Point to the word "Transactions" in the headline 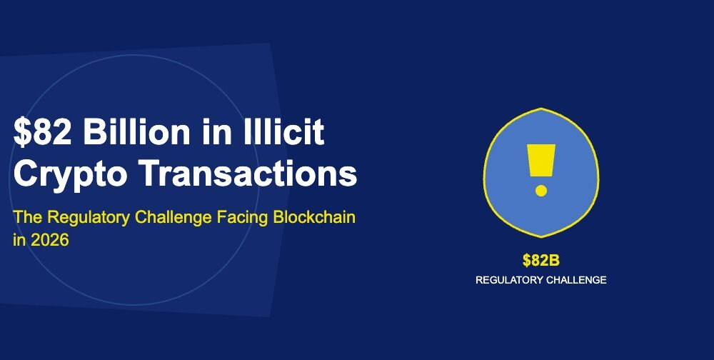coord(248,173)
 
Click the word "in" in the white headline coord(213,131)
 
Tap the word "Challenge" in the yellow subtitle coord(174,218)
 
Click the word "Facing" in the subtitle coord(243,218)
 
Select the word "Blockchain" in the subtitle coord(313,217)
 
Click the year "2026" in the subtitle coord(50,240)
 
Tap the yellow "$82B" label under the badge coord(541,261)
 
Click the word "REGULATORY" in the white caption coord(509,280)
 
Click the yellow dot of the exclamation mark coord(541,191)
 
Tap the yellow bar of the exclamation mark coord(541,161)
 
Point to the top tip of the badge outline coord(541,108)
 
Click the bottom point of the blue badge coord(541,236)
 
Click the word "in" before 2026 coord(19,240)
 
